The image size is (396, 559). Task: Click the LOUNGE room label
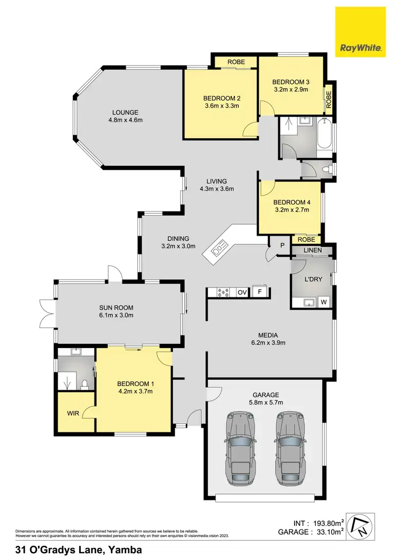tap(125, 112)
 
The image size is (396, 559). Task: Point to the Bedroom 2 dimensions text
tap(222, 105)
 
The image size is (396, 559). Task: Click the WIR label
tap(73, 413)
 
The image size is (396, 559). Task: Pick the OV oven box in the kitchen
tap(242, 292)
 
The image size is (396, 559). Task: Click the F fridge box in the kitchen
tap(260, 292)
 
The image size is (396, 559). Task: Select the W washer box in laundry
tap(324, 302)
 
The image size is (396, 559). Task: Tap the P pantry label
tap(282, 245)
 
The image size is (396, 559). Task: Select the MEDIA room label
tap(268, 335)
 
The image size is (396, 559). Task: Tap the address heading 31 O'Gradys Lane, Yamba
tap(79, 550)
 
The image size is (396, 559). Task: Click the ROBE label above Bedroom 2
tap(236, 62)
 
